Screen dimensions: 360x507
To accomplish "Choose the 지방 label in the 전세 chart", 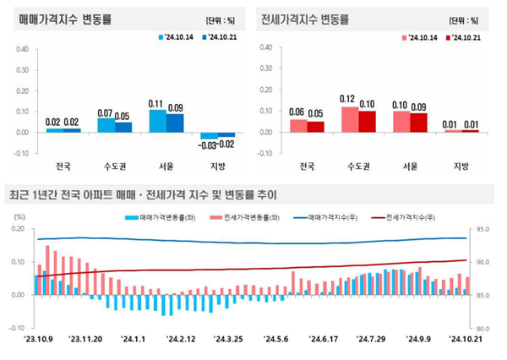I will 461,166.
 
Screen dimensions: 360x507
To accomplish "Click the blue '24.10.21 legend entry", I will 221,37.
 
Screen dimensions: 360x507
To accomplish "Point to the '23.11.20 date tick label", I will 86,340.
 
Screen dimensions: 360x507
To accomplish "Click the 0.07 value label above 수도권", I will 106,112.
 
